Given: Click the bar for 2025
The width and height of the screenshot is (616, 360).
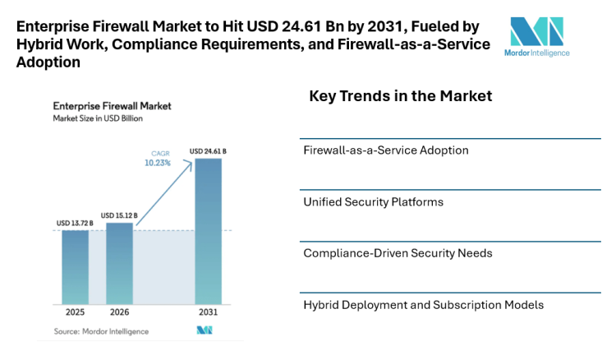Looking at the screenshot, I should tap(75, 267).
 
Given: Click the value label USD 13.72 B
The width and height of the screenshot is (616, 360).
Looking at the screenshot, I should tap(75, 223).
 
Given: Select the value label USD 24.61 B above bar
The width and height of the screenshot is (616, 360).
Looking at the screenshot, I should tap(208, 151).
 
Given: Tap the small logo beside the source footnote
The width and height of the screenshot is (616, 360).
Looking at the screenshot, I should tap(205, 330).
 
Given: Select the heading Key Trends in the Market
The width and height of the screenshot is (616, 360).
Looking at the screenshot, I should tap(400, 97).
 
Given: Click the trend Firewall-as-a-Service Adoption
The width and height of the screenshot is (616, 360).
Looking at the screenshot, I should tap(386, 150).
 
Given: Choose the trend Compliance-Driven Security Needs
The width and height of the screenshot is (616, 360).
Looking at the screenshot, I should tap(398, 253).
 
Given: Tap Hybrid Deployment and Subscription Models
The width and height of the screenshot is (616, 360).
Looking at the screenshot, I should tap(423, 304).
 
